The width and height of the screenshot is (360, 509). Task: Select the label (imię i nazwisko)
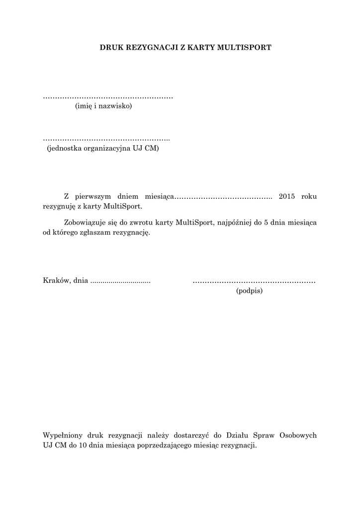pos(103,106)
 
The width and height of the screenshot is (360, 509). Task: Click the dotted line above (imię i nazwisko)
pos(108,97)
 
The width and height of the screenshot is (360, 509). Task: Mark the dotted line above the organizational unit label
pos(106,140)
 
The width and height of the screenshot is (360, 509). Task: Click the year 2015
pos(287,197)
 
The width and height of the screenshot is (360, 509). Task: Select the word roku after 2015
pos(308,197)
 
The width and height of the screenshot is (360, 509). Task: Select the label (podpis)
pos(249,291)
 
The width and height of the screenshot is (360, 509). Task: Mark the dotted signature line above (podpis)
pos(254,282)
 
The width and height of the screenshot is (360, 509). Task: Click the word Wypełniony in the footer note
pos(62,435)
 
